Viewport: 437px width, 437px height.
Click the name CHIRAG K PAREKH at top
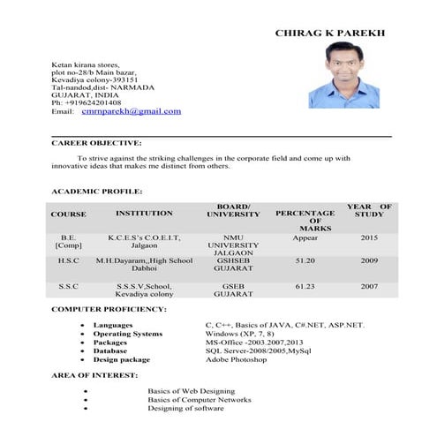coord(330,33)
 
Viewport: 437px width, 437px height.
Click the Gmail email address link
coord(131,111)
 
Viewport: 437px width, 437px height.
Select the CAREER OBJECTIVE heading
coord(96,142)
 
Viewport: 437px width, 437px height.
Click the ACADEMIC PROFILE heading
coord(96,191)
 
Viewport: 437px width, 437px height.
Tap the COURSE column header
coord(69,215)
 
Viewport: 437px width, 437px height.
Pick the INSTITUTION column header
coord(144,214)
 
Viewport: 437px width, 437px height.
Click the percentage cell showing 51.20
coord(305,261)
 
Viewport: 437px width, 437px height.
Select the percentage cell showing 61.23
coord(305,286)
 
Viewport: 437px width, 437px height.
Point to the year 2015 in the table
coord(368,237)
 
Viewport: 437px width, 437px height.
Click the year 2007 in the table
coord(368,286)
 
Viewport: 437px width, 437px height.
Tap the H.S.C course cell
coord(69,261)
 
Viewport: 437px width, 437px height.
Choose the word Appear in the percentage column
coord(305,237)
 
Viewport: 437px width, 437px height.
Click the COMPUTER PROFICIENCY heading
coord(109,310)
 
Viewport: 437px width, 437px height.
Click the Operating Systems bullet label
coord(128,334)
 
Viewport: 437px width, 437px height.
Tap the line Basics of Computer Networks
coord(200,400)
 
